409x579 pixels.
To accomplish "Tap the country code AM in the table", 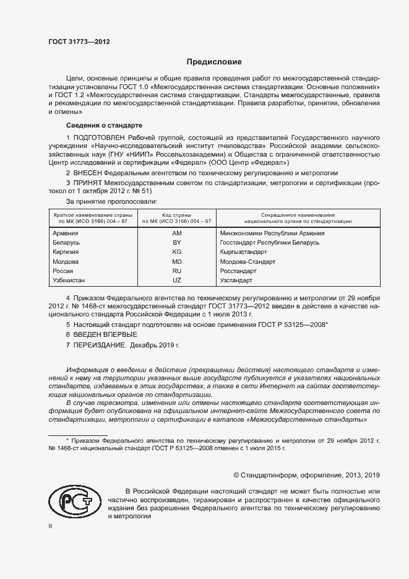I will pos(177,233).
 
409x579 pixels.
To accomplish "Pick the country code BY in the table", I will pos(177,243).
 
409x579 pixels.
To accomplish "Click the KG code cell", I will pos(177,253).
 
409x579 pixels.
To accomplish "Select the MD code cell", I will pos(177,262).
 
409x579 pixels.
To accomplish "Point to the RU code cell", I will pos(177,271).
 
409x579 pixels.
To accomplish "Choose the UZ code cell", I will pos(177,281).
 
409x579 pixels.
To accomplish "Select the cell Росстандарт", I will pos(238,271).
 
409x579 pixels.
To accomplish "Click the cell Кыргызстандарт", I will pos(243,253).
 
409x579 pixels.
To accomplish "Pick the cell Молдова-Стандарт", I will pos(248,262).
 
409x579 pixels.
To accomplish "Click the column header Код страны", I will pos(177,214).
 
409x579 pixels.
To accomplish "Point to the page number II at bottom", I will pos(51,526).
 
